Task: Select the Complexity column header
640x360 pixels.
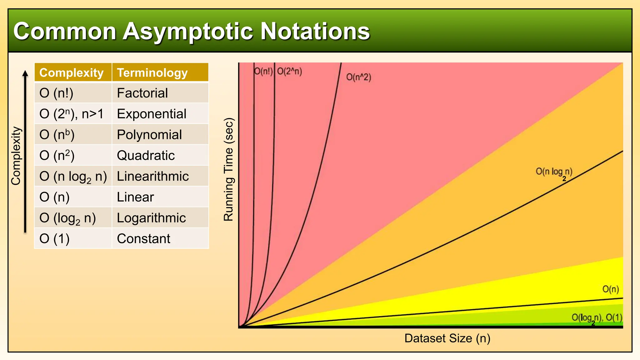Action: [x=71, y=73]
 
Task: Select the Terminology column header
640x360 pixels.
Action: [x=152, y=73]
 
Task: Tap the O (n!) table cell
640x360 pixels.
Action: [x=57, y=93]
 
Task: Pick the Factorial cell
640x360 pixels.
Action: [x=142, y=93]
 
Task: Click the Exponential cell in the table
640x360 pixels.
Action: [x=152, y=114]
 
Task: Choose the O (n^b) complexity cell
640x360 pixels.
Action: [x=57, y=135]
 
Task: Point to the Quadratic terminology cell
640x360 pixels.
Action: [x=146, y=155]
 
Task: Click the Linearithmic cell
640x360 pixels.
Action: [x=153, y=176]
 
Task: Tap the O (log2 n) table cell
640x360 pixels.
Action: [x=67, y=218]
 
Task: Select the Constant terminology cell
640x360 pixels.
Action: [x=143, y=238]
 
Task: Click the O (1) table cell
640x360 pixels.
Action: [x=54, y=238]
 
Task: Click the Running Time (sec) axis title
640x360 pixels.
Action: [x=228, y=169]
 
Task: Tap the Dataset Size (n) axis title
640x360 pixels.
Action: [x=447, y=338]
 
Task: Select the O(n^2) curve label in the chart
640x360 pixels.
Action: [x=358, y=77]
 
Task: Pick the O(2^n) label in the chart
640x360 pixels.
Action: [x=289, y=71]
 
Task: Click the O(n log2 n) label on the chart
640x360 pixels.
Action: [x=554, y=172]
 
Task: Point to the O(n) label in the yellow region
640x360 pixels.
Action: [x=610, y=289]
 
